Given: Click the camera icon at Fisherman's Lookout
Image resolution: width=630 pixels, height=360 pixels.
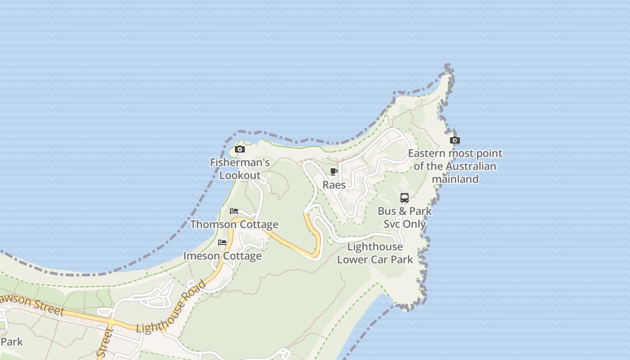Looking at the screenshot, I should (240, 149).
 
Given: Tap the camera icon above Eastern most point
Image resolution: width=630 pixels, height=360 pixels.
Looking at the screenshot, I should (455, 140).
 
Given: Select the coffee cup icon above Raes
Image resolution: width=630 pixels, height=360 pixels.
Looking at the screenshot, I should (334, 171).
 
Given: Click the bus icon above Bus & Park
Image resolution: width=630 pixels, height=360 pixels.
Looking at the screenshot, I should (405, 198).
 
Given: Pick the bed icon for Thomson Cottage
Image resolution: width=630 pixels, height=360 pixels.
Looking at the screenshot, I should (234, 211).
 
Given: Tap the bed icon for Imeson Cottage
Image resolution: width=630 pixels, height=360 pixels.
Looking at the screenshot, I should (222, 243).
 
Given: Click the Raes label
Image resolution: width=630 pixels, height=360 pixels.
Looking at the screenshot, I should (334, 185).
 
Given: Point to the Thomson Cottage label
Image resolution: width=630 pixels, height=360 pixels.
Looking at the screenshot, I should (234, 224).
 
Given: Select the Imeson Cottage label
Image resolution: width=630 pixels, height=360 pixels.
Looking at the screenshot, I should (222, 256).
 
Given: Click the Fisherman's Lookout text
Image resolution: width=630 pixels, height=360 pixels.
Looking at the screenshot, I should (240, 169).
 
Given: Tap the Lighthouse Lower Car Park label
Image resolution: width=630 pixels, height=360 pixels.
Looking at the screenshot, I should (375, 253).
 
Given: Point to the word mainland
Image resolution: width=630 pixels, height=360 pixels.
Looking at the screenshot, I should (455, 179).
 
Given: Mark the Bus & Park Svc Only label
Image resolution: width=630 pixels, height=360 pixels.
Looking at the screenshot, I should (405, 217).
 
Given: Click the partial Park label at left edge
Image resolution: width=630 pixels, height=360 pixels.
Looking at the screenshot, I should (12, 342).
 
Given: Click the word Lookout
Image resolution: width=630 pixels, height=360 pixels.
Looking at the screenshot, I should (240, 175).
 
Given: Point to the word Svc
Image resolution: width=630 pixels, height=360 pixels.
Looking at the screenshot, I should (391, 224).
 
